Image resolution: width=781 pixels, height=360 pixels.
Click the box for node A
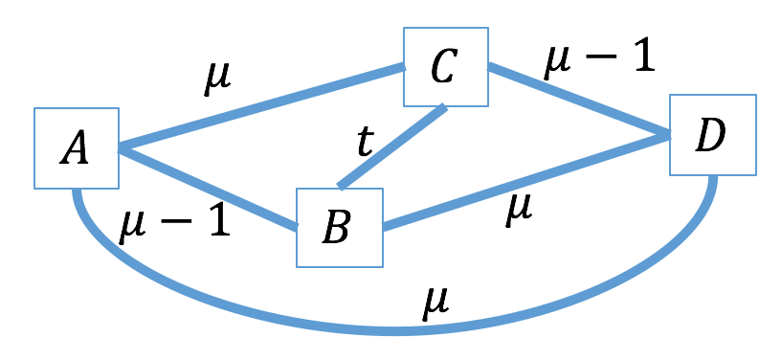point(76,148)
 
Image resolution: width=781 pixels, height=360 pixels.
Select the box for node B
point(339,227)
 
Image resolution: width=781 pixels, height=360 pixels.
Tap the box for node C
point(445,66)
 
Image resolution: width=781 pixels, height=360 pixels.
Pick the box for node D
point(712,134)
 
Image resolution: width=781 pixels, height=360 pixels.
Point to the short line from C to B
point(392,146)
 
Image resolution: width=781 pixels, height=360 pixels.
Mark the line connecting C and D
point(579,101)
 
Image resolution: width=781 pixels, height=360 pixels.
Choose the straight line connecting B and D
point(526,181)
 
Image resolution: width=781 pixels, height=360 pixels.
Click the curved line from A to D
point(392,331)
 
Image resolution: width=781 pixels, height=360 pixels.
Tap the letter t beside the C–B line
point(365,143)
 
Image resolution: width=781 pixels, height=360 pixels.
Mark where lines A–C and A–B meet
point(118,148)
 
